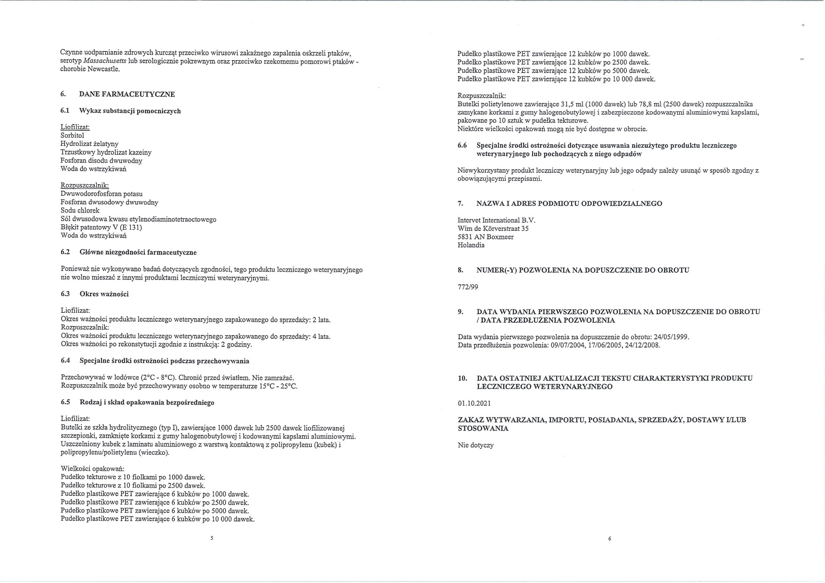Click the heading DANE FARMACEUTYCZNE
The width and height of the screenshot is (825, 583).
tap(127, 94)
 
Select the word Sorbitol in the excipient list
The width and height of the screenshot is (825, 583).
tap(72, 135)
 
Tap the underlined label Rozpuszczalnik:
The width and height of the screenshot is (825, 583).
tap(85, 186)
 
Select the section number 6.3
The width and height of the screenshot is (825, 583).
tap(65, 294)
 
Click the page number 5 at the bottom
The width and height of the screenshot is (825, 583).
tap(212, 538)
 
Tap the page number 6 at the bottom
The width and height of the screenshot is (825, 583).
tap(609, 538)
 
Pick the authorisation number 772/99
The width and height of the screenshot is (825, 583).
tap(468, 287)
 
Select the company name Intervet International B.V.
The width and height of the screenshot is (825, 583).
tap(496, 220)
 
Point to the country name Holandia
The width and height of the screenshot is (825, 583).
tap(471, 245)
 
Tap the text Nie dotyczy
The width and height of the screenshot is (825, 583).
tap(476, 445)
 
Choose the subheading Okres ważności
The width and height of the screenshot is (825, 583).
tap(104, 294)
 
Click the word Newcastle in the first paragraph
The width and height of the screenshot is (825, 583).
tap(104, 70)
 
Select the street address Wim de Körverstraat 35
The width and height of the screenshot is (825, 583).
tap(493, 228)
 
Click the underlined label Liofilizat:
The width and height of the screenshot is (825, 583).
tap(75, 127)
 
